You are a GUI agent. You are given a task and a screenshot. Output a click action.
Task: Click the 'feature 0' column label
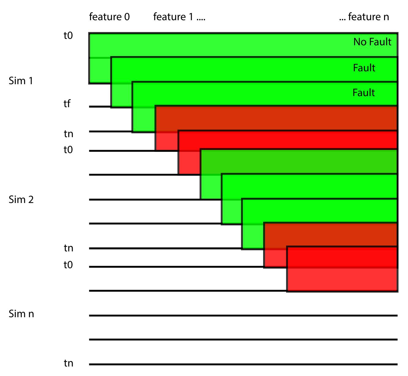(x=109, y=17)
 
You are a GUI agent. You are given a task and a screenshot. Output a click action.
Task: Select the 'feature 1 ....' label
(x=179, y=17)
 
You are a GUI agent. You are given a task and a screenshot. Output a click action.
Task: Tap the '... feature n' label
(x=364, y=17)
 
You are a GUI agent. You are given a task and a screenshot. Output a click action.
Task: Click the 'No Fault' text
(x=372, y=42)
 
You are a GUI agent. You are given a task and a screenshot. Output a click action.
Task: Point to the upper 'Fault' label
(x=364, y=68)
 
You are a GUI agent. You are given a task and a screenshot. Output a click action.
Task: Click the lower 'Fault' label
(x=364, y=92)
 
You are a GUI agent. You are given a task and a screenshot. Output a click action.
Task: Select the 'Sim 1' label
(x=21, y=81)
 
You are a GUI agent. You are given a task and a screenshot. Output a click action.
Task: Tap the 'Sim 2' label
(x=21, y=200)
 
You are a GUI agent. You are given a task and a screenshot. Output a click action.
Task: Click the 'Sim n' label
(x=21, y=314)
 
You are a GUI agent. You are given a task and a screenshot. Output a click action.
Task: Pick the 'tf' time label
(x=67, y=104)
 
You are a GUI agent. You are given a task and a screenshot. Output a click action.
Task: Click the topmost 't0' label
(x=68, y=36)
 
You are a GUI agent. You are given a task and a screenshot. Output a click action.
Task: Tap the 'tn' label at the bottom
(x=69, y=363)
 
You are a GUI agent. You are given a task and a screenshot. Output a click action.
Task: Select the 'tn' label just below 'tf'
(x=69, y=134)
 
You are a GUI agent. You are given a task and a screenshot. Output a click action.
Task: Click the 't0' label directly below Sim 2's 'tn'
(x=68, y=265)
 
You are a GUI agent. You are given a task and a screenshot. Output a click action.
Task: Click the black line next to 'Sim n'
(x=243, y=315)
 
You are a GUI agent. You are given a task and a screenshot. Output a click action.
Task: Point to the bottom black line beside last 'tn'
(x=243, y=364)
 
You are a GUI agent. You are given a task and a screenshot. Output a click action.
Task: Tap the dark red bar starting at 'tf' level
(x=276, y=118)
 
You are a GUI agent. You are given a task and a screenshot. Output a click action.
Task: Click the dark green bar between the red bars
(x=299, y=162)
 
